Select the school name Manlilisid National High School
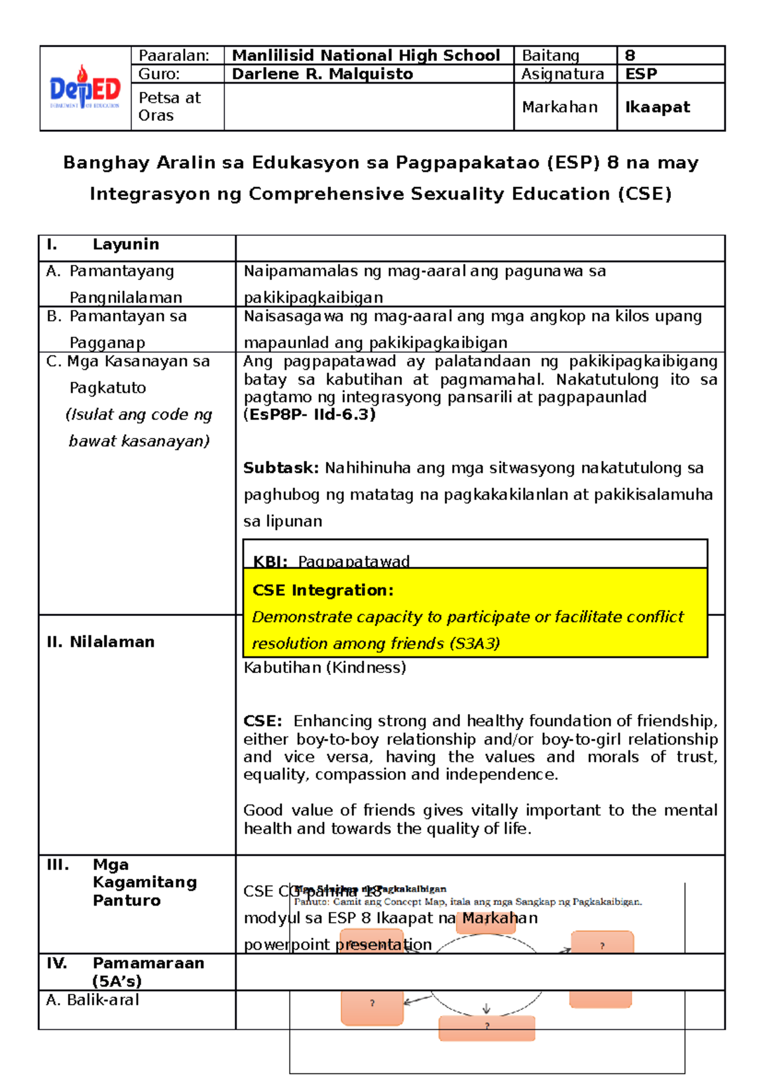click(x=366, y=56)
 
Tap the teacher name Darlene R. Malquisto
click(x=322, y=74)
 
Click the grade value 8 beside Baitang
click(x=630, y=56)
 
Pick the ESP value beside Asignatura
click(x=641, y=74)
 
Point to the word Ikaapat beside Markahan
click(x=657, y=107)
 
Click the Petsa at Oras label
click(x=169, y=106)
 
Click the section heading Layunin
click(x=126, y=245)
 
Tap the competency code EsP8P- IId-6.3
click(x=309, y=414)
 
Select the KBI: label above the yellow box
click(x=270, y=561)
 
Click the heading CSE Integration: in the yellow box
click(x=323, y=591)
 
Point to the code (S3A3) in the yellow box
click(x=474, y=644)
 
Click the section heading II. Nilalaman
click(x=101, y=642)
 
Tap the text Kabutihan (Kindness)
click(x=325, y=667)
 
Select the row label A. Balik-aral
click(x=93, y=1000)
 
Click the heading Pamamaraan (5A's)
click(x=147, y=971)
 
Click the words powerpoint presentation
click(x=337, y=944)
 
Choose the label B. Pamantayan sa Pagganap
click(x=117, y=329)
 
